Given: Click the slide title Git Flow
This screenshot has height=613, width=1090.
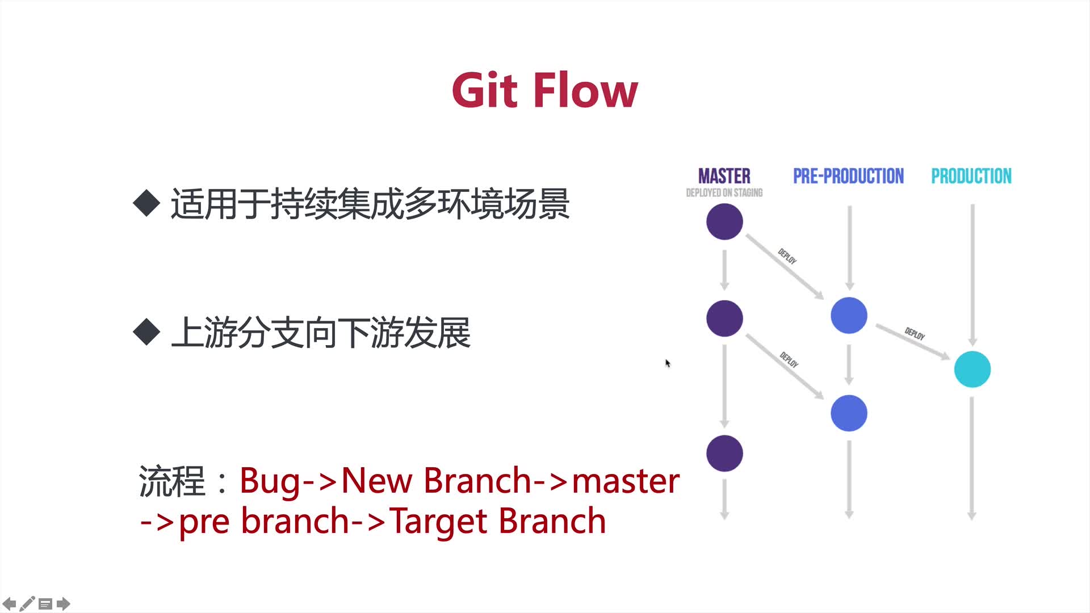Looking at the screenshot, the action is click(x=545, y=90).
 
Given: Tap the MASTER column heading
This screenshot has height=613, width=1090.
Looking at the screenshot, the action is click(x=724, y=176).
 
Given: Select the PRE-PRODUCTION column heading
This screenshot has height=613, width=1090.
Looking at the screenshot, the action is click(x=848, y=176).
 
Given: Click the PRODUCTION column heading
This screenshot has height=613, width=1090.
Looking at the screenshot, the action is click(x=971, y=176).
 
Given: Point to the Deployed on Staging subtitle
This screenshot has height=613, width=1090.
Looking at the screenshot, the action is click(x=724, y=193).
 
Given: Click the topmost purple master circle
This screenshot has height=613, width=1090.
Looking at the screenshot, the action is click(x=724, y=221).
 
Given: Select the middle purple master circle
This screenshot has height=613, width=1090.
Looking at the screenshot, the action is click(x=724, y=318).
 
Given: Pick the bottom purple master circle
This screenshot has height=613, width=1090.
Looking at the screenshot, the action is click(x=724, y=454).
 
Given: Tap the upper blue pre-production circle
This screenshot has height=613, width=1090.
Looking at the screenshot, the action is click(x=849, y=316).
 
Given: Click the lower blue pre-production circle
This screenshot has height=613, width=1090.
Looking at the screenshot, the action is click(x=849, y=413).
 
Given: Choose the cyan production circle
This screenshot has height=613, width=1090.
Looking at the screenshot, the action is click(x=972, y=370).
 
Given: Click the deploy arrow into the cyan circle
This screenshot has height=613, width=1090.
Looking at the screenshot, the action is click(x=913, y=342).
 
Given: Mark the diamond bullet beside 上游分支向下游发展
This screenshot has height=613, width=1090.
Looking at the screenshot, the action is click(x=146, y=332).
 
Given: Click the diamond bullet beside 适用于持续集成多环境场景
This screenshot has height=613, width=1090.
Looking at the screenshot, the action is click(x=146, y=203).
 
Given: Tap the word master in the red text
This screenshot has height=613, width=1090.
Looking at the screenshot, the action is click(x=626, y=481).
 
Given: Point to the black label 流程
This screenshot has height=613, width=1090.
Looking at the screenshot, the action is click(x=171, y=481).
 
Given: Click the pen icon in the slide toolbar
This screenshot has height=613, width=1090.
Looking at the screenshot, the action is click(x=27, y=604).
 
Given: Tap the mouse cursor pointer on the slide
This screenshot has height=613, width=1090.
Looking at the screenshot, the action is click(x=668, y=363).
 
